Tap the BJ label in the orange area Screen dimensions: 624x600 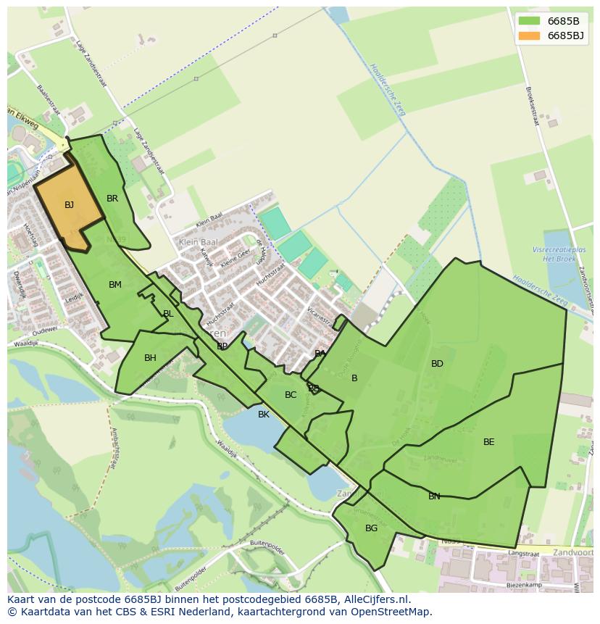pyautogui.click(x=69, y=205)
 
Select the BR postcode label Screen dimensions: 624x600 pyautogui.click(x=112, y=199)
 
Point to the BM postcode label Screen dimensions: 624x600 pyautogui.click(x=115, y=285)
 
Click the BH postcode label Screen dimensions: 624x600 pyautogui.click(x=150, y=358)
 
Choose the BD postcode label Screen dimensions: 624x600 pyautogui.click(x=437, y=364)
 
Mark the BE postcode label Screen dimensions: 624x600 pyautogui.click(x=489, y=442)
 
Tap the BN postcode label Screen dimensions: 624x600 pyautogui.click(x=434, y=496)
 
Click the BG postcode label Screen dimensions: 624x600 pyautogui.click(x=371, y=528)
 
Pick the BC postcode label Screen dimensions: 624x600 pyautogui.click(x=291, y=395)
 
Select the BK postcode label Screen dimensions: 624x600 pyautogui.click(x=264, y=415)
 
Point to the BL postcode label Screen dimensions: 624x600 pyautogui.click(x=168, y=314)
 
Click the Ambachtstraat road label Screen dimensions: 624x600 pyautogui.click(x=115, y=447)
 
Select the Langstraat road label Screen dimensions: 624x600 pyautogui.click(x=524, y=552)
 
